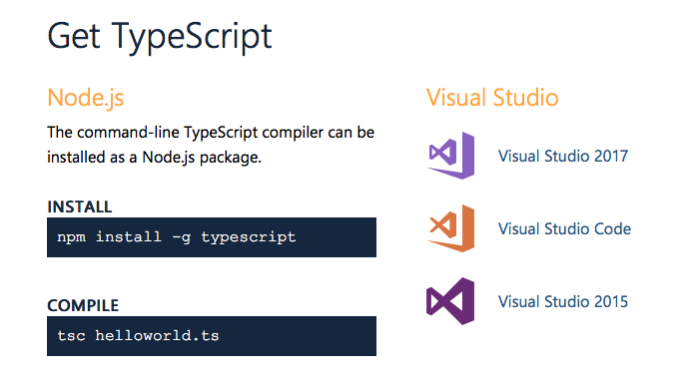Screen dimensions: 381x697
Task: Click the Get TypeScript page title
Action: pyautogui.click(x=160, y=37)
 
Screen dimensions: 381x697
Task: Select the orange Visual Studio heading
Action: pyautogui.click(x=492, y=98)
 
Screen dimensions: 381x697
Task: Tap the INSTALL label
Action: pyautogui.click(x=79, y=206)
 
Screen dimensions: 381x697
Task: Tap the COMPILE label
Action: pyautogui.click(x=83, y=305)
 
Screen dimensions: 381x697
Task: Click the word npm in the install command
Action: pyautogui.click(x=71, y=237)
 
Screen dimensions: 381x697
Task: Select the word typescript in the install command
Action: pyautogui.click(x=249, y=237)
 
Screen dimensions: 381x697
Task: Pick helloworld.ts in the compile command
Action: pyautogui.click(x=158, y=336)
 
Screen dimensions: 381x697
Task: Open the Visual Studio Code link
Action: pyautogui.click(x=564, y=228)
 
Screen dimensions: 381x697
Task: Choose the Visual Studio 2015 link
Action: pyautogui.click(x=563, y=301)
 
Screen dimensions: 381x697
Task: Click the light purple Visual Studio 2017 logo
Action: pyautogui.click(x=450, y=156)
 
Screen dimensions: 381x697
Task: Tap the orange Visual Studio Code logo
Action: pyautogui.click(x=450, y=228)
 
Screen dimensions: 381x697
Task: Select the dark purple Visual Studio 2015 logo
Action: pyautogui.click(x=450, y=301)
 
